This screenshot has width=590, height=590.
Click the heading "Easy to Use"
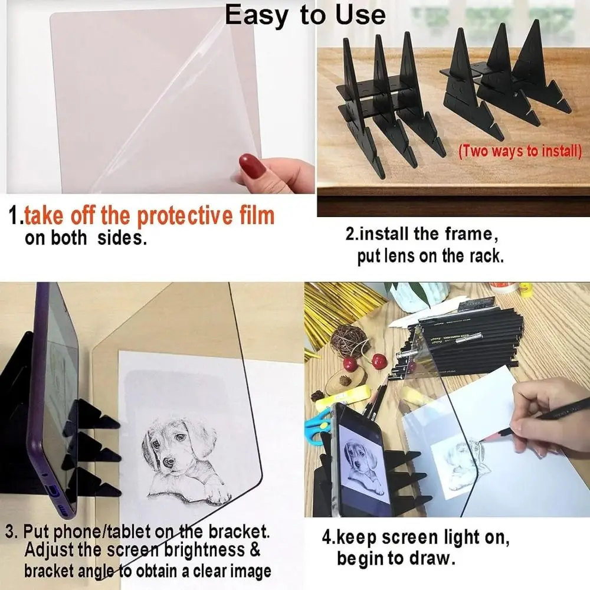(x=305, y=15)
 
